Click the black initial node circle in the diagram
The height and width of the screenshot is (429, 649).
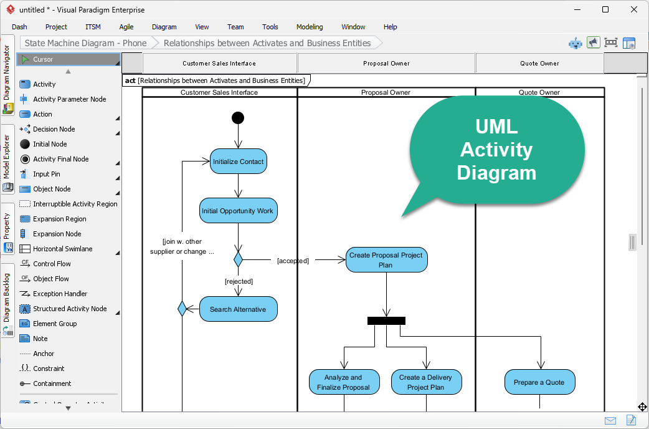237,118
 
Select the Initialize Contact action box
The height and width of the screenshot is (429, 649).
238,161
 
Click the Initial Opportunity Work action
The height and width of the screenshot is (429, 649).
237,211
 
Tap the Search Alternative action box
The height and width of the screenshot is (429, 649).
238,309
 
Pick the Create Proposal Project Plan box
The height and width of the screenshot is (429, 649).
386,260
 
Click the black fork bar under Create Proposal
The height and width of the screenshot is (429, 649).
386,321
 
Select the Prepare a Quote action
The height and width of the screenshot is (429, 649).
539,382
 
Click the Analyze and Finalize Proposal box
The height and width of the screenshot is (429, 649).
344,382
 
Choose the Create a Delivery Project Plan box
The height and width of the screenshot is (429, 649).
426,382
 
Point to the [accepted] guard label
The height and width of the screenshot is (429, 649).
293,261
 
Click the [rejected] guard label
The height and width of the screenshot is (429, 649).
239,281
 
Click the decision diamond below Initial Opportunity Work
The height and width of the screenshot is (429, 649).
237,259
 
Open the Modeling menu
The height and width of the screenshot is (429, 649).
310,27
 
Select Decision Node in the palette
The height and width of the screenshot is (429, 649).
54,129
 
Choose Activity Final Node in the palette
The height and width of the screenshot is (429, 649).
60,159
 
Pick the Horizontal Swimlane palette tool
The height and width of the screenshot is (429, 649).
62,249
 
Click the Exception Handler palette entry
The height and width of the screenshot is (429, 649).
60,294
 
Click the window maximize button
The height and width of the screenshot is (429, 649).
605,9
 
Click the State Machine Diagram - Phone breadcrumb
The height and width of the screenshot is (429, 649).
86,43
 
